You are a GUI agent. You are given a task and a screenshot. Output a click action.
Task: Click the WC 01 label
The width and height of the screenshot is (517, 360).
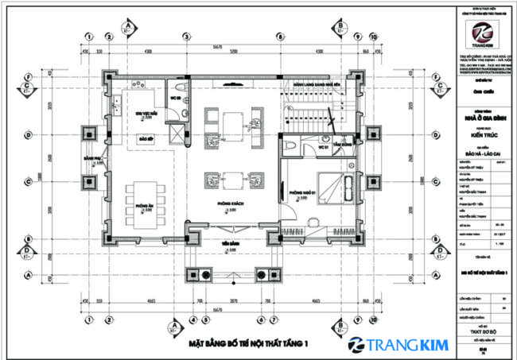(x=325, y=148)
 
